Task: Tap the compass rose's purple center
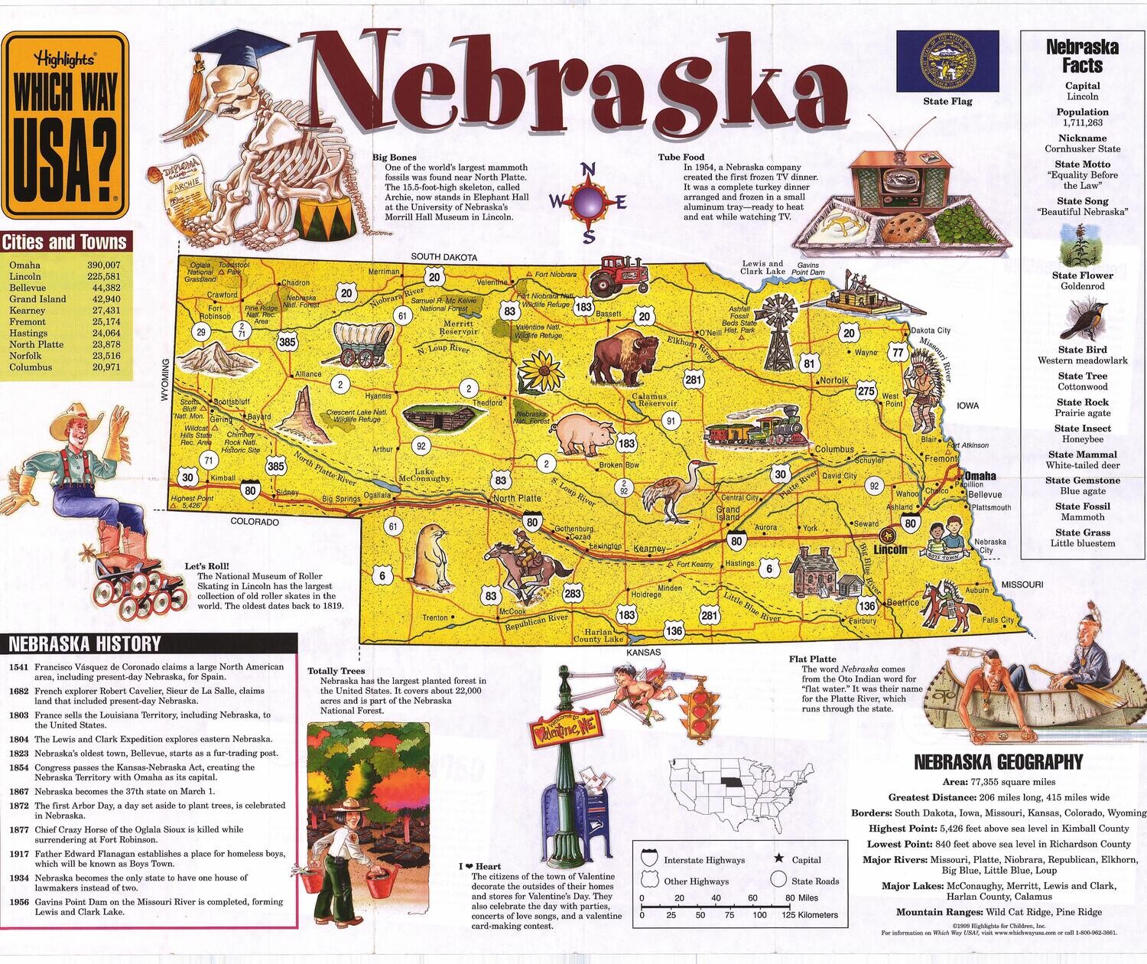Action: coord(588,202)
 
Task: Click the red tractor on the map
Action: coord(616,274)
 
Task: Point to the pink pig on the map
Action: coord(585,433)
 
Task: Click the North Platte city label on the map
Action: coord(517,498)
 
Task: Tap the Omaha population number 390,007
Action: coord(102,265)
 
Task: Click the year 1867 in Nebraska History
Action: coord(19,792)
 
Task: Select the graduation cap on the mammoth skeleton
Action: coord(226,57)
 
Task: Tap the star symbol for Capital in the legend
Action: coord(779,859)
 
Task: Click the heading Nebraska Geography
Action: coord(998,762)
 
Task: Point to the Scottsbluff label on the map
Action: coord(232,402)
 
